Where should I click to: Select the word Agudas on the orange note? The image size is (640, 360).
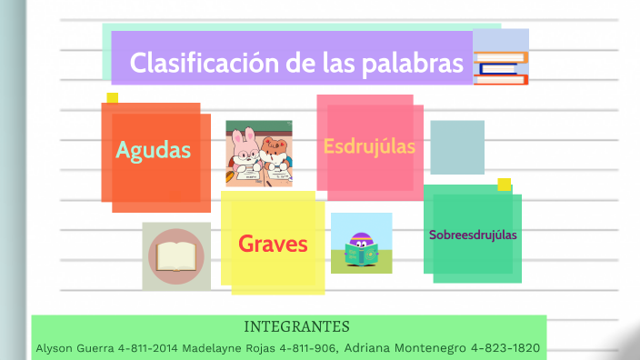(154, 150)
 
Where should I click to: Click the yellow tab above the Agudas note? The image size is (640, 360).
(112, 97)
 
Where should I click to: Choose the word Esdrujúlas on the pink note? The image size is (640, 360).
(369, 145)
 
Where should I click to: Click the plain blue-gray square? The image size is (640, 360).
(456, 146)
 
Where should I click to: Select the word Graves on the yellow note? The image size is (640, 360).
(273, 244)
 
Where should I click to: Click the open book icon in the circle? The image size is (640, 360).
(175, 255)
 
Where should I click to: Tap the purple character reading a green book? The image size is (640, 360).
(361, 246)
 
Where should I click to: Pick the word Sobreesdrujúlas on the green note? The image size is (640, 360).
(473, 235)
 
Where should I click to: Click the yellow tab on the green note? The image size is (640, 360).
(504, 184)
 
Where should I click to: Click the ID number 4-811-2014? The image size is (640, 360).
(147, 348)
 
